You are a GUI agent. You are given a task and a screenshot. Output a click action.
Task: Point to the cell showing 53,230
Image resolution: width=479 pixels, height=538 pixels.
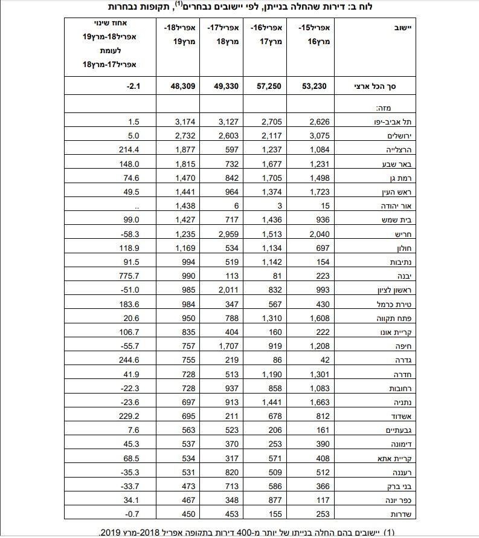click(314, 86)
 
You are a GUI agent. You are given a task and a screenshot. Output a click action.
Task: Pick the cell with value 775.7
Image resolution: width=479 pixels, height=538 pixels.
click(130, 276)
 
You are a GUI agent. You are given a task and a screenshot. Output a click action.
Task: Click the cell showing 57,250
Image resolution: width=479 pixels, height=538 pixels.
click(269, 86)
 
